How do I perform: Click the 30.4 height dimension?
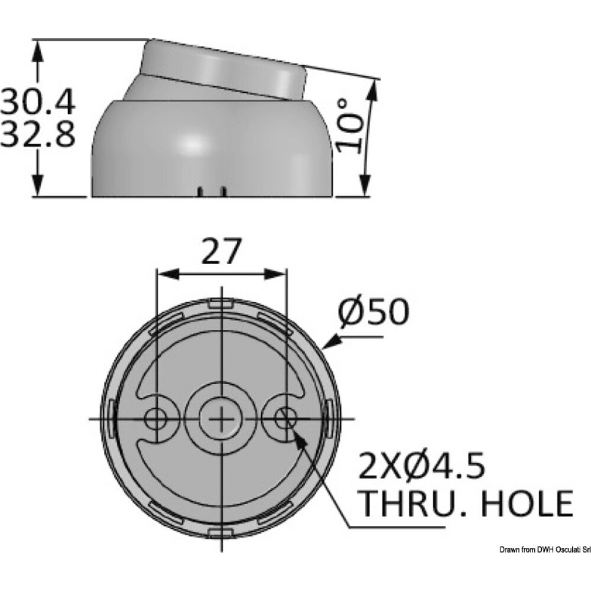38,102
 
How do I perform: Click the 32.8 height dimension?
38,135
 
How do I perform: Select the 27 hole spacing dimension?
222,251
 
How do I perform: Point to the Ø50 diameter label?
374,311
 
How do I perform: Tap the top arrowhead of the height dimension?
38,50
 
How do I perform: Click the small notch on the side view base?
212,191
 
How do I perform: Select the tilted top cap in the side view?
222,68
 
